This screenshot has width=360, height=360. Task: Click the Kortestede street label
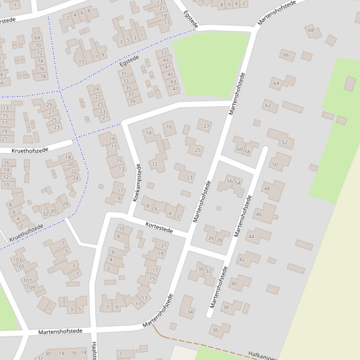pos(159,228)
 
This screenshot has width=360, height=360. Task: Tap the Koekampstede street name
pos(137,183)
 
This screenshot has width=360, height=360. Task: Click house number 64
pos(276,84)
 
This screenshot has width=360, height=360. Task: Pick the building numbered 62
pos(268,105)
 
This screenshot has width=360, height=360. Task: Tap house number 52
pos(285,143)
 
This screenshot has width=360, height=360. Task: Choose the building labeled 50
pos(275,165)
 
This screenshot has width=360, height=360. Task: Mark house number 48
pos(267,189)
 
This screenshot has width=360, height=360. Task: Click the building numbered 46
pos(258,215)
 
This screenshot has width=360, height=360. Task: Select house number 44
pos(251,237)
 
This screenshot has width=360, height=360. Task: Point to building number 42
pos(242,259)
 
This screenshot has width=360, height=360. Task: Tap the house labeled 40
pos(234,283)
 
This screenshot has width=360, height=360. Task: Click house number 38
pos(226,307)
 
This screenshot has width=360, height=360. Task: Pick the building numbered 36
pos(215,330)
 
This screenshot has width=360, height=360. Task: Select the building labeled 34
pos(190,312)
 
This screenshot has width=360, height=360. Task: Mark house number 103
pos(18,259)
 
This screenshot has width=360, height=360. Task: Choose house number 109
pos(30,288)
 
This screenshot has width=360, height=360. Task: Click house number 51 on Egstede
pos(164,53)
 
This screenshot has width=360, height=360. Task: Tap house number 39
pos(132,101)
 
